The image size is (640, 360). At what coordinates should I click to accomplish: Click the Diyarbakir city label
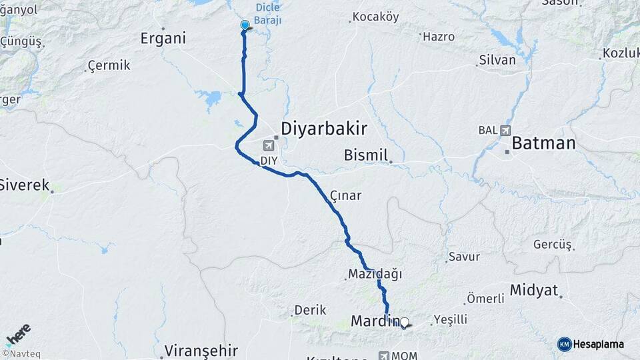pyautogui.click(x=324, y=128)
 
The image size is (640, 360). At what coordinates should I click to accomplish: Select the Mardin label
pyautogui.click(x=374, y=321)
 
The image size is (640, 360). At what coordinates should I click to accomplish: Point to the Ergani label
pyautogui.click(x=163, y=39)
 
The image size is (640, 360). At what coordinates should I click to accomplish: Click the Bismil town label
pyautogui.click(x=365, y=155)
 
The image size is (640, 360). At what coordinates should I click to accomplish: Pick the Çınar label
pyautogui.click(x=345, y=195)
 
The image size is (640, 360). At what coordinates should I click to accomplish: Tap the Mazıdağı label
pyautogui.click(x=375, y=273)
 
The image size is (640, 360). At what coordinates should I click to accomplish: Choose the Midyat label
pyautogui.click(x=533, y=290)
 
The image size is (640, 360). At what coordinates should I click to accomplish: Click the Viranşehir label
pyautogui.click(x=201, y=350)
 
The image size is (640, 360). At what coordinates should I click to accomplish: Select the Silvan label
pyautogui.click(x=497, y=60)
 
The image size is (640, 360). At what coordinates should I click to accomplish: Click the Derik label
pyautogui.click(x=310, y=310)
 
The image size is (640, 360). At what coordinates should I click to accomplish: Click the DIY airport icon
pyautogui.click(x=269, y=145)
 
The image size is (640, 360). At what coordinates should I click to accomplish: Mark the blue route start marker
pyautogui.click(x=245, y=25)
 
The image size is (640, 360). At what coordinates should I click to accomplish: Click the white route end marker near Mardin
pyautogui.click(x=404, y=323)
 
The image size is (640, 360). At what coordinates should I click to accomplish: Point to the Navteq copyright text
pyautogui.click(x=20, y=353)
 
